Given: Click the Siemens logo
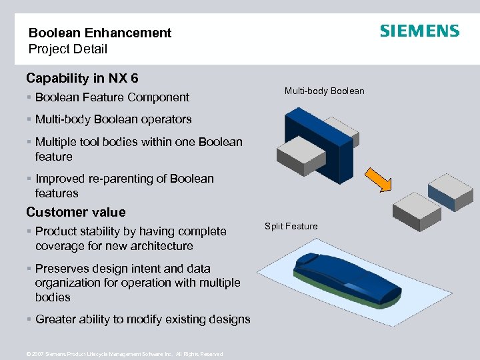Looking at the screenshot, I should coord(419,31).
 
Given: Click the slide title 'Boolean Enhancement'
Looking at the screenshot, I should coord(100,33).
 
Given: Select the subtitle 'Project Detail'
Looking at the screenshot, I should coord(67,49).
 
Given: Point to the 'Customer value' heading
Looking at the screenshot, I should coord(75,212).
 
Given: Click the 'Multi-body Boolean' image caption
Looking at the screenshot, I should coord(324,91).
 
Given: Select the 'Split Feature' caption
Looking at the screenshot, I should coord(291,226).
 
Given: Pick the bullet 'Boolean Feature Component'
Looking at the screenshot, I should coord(112,97).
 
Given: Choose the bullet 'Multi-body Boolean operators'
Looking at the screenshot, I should coord(113,120).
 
